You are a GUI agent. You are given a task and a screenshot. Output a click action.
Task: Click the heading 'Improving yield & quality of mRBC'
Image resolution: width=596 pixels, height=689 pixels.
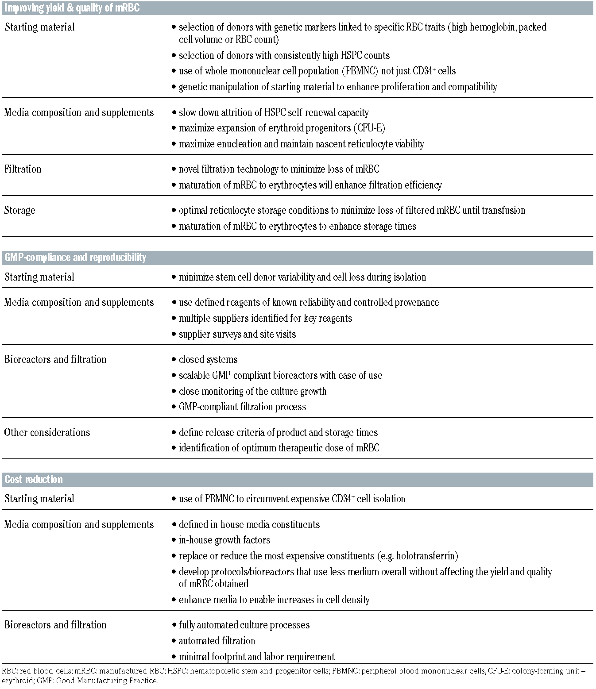tap(72, 8)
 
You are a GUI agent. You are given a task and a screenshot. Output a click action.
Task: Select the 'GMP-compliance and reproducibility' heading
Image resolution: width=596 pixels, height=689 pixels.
tap(75, 258)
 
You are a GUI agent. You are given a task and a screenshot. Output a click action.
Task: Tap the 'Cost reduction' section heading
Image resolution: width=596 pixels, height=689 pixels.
tap(34, 480)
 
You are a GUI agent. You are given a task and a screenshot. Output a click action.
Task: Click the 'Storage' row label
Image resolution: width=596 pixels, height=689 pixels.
tap(19, 210)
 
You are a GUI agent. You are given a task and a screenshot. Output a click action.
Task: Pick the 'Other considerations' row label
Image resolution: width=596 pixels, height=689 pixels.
tap(47, 432)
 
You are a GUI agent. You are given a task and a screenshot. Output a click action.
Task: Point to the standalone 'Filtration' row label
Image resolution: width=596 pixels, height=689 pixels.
tap(23, 169)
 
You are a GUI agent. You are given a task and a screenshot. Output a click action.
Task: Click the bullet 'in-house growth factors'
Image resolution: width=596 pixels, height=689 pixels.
tap(224, 540)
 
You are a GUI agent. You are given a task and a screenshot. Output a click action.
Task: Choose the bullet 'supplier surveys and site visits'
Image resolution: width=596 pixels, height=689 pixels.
tap(237, 334)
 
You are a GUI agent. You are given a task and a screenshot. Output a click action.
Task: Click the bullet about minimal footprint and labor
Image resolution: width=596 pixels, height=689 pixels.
tap(256, 657)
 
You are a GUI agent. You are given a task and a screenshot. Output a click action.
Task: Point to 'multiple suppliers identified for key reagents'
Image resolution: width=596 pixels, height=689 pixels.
tap(265, 318)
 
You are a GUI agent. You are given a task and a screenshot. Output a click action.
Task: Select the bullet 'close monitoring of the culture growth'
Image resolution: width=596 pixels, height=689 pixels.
tap(252, 391)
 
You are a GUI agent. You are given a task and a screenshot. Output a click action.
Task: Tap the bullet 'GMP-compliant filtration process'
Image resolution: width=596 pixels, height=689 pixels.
tap(242, 407)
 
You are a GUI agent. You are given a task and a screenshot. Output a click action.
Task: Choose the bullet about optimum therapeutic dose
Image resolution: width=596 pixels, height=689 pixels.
tap(279, 448)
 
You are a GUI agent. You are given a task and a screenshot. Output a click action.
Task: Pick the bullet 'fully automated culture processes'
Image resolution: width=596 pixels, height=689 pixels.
tap(244, 625)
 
